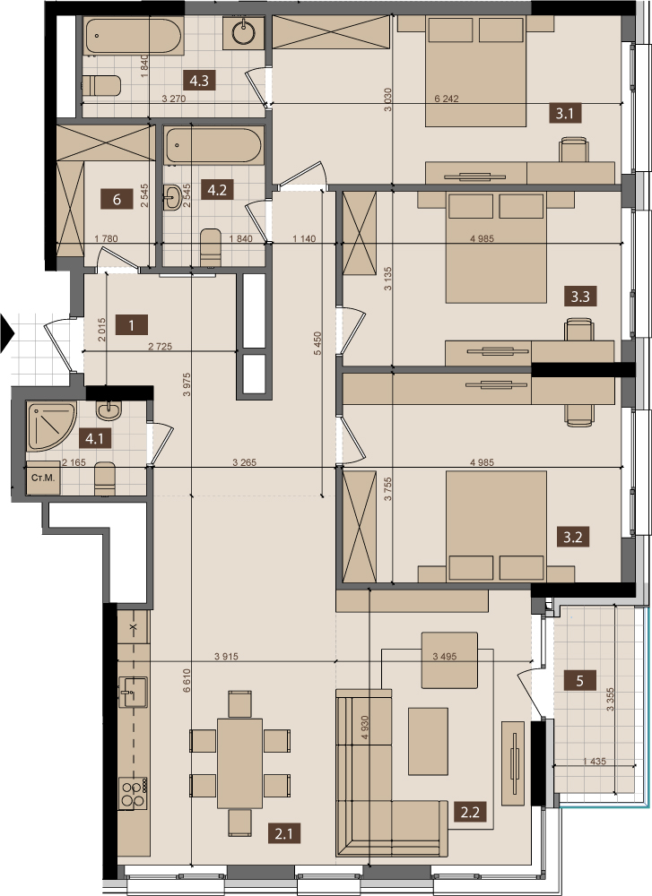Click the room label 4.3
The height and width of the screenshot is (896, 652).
(199, 81)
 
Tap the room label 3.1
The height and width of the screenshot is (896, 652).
(564, 113)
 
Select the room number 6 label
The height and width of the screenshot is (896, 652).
(117, 200)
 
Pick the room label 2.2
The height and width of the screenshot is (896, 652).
(470, 811)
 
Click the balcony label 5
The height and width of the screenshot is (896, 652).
(580, 681)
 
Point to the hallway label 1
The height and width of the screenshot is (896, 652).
(132, 325)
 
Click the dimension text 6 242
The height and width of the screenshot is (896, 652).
(447, 99)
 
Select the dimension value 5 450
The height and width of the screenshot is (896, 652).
(317, 343)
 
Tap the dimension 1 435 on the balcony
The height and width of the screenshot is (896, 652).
(595, 761)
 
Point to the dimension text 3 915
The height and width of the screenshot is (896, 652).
(226, 657)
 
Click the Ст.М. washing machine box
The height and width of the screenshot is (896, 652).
(43, 478)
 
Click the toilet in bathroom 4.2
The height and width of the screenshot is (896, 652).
(211, 247)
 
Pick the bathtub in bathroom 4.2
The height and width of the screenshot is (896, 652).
(214, 145)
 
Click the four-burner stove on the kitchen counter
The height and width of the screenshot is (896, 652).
(134, 793)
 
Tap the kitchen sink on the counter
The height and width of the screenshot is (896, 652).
(133, 692)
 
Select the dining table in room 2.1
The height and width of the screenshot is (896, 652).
(239, 762)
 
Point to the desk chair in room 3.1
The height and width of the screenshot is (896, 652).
(574, 150)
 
